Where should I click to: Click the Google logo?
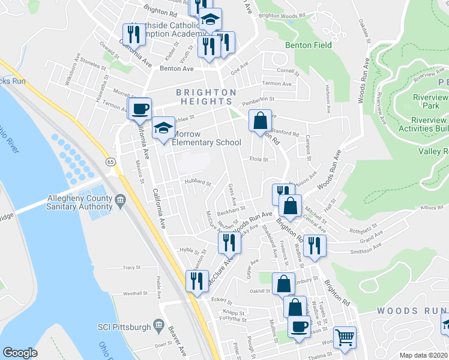[20, 353]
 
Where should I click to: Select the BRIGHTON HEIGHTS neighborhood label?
[206, 98]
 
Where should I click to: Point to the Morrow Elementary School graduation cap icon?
[163, 128]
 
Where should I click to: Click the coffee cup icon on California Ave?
[140, 109]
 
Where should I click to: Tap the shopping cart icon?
[345, 338]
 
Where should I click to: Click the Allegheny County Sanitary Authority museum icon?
[121, 200]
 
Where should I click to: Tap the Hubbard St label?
[198, 182]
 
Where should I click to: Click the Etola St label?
[259, 160]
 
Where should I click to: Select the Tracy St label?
[131, 268]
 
